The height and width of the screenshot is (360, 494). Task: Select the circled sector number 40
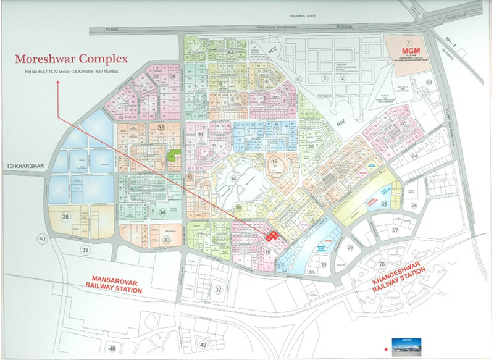[x=42, y=238]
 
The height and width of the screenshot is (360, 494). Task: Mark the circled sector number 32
[x=218, y=289]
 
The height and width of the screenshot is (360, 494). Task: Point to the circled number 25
[x=414, y=206]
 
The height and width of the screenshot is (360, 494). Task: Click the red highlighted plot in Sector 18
[x=270, y=236]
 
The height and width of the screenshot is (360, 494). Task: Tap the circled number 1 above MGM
[x=408, y=39]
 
